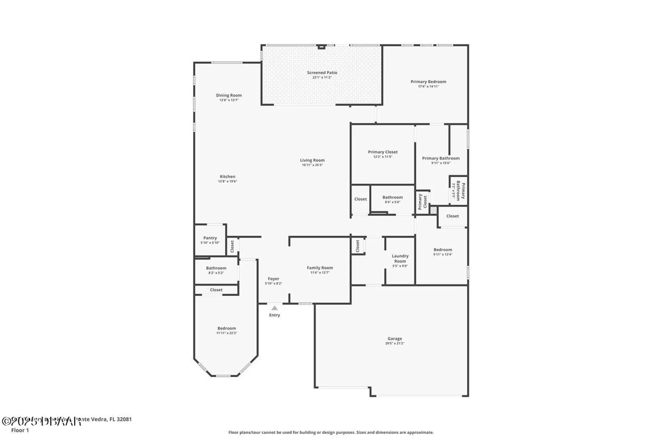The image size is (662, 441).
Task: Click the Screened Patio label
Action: [x=322, y=72]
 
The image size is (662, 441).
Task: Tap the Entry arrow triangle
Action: [x=274, y=308]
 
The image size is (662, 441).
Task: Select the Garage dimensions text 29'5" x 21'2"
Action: [x=395, y=343]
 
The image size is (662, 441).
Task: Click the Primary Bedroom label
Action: [x=428, y=81]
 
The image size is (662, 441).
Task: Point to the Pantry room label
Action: [x=210, y=238]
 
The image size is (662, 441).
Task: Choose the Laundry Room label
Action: [x=400, y=258]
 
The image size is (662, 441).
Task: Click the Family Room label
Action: [x=320, y=268]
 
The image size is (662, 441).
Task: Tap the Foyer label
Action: [x=273, y=279]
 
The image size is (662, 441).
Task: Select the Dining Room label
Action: [x=229, y=95]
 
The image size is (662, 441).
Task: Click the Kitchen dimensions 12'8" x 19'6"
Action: [x=227, y=181]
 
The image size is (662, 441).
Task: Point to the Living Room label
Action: [x=312, y=160]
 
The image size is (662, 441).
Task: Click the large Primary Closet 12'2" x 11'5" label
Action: [x=383, y=152]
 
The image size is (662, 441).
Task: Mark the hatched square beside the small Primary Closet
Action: [x=433, y=210]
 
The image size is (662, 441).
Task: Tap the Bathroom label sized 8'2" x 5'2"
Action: [x=216, y=268]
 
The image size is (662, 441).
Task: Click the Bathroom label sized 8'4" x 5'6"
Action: [x=393, y=197]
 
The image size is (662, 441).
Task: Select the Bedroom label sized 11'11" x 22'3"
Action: [x=226, y=328]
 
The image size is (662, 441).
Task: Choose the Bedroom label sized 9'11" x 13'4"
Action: [x=443, y=250]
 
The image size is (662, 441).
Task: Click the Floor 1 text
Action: [x=20, y=430]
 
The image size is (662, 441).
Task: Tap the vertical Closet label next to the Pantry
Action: [x=232, y=246]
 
